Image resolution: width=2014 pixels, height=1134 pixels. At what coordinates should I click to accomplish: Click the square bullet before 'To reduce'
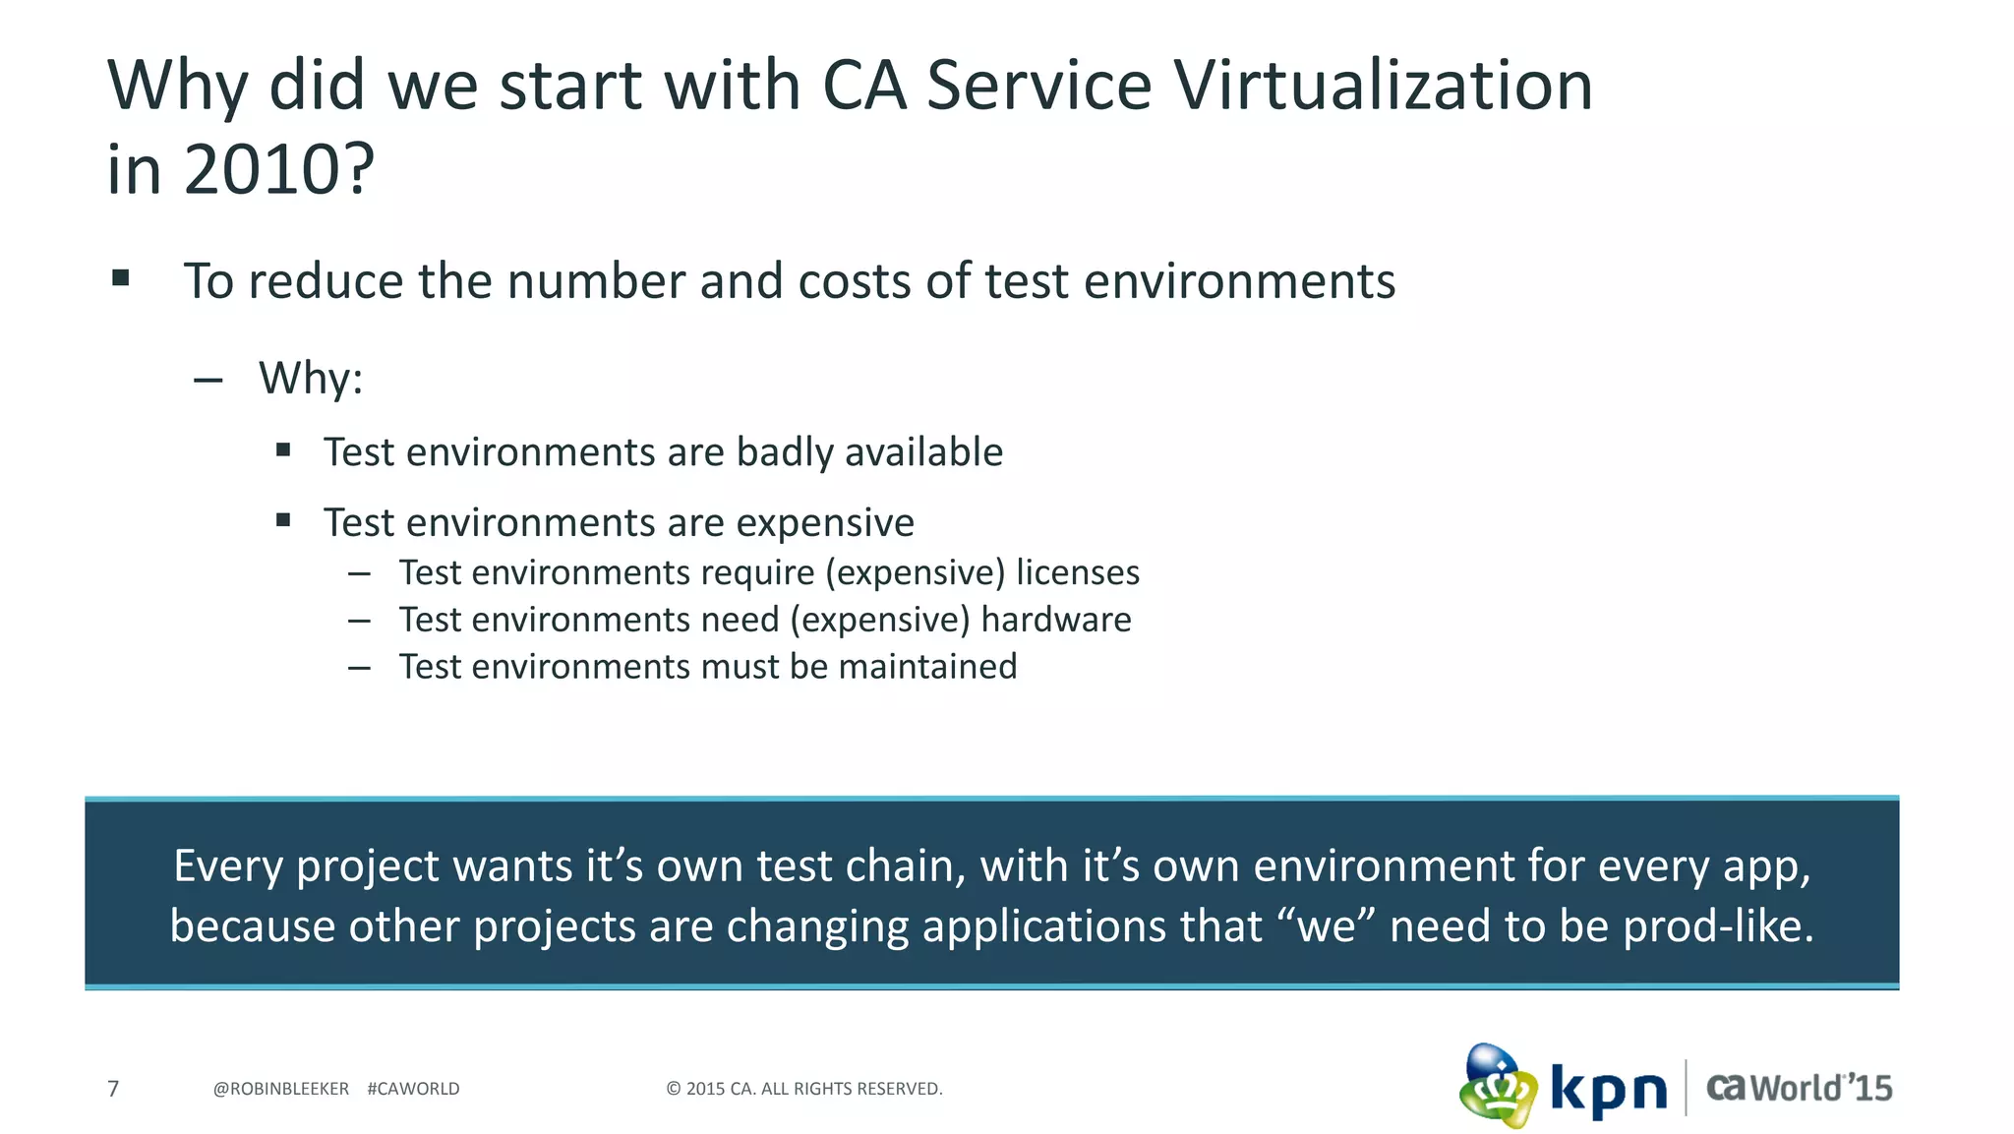pos(121,278)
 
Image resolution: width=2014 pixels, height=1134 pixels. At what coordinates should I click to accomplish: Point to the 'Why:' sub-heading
pos(311,379)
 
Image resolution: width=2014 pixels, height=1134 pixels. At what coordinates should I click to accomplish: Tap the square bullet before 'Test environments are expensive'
pos(283,520)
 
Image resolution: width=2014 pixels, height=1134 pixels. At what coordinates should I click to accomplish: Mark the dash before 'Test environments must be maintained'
pos(359,668)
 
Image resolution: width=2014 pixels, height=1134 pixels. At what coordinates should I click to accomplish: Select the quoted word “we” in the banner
pos(1325,926)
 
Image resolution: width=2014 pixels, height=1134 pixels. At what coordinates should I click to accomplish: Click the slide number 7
pos(113,1089)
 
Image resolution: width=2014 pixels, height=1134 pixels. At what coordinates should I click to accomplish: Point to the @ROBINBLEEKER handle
pos(281,1089)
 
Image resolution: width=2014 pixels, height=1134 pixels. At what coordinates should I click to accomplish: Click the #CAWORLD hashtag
pos(413,1089)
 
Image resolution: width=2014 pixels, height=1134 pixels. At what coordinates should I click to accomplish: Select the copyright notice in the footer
pos(804,1089)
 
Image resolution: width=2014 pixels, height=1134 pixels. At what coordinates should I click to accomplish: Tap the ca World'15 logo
pos(1799,1088)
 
